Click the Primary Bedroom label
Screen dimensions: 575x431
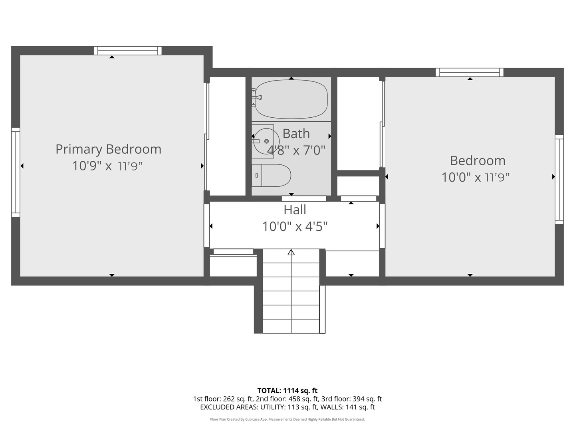pyautogui.click(x=108, y=149)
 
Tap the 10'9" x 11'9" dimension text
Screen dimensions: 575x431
pyautogui.click(x=107, y=166)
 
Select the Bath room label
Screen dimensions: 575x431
pyautogui.click(x=296, y=134)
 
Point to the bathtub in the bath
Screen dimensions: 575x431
pyautogui.click(x=291, y=99)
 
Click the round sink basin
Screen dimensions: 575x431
pyautogui.click(x=266, y=141)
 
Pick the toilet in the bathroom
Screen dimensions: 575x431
pyautogui.click(x=272, y=175)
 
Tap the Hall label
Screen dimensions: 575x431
pyautogui.click(x=295, y=210)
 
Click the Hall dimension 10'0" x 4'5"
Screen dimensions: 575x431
pyautogui.click(x=295, y=226)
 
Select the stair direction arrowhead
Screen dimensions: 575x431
pyautogui.click(x=291, y=252)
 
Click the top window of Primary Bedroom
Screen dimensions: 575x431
pyautogui.click(x=128, y=51)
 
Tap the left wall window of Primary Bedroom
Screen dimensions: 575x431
pyautogui.click(x=16, y=172)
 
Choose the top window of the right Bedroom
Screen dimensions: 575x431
pyautogui.click(x=470, y=72)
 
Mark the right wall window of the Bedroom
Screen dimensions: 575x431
pyautogui.click(x=559, y=180)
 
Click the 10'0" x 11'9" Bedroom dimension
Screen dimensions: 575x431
pyautogui.click(x=476, y=178)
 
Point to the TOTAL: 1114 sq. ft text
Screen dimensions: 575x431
pyautogui.click(x=287, y=391)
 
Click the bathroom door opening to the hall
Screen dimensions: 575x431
pyautogui.click(x=304, y=199)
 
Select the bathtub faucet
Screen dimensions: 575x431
pyautogui.click(x=258, y=97)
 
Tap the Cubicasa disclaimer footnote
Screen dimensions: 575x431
pyautogui.click(x=287, y=419)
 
